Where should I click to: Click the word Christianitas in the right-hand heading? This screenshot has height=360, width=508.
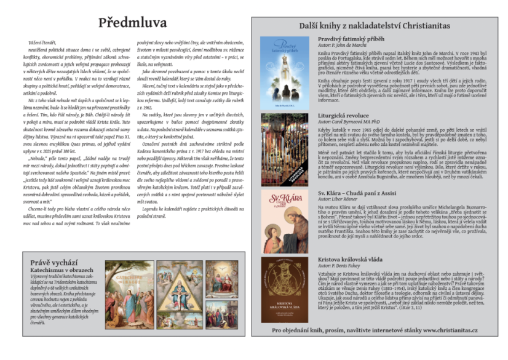[437, 27]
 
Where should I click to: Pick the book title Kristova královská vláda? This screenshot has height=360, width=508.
[353, 260]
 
